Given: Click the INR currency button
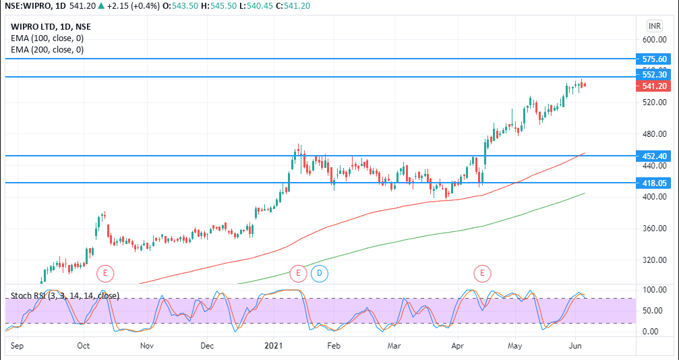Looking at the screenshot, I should click(x=654, y=26).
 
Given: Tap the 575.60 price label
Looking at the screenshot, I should click(x=654, y=59).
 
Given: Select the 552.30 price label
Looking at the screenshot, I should click(x=654, y=75).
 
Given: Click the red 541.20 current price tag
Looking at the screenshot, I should click(x=654, y=86).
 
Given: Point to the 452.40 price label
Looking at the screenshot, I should click(x=654, y=156).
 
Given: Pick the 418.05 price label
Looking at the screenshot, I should click(x=654, y=183).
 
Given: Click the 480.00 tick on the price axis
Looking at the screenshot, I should click(x=654, y=134).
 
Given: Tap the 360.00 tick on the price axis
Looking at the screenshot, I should click(x=654, y=229).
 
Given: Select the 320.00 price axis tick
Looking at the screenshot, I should click(x=654, y=260).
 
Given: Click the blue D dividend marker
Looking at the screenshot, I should click(x=320, y=273).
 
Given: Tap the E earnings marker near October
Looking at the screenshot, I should click(x=105, y=273).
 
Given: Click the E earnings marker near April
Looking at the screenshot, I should click(x=482, y=273).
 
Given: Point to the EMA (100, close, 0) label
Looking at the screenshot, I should click(x=47, y=38).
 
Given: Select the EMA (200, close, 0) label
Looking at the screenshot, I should click(x=47, y=50).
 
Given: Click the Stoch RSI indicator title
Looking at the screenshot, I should click(x=65, y=295).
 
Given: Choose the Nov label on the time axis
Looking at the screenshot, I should click(x=147, y=345).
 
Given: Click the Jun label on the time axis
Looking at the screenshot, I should click(x=576, y=345).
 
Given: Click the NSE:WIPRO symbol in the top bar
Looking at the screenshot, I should click(x=30, y=7).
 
